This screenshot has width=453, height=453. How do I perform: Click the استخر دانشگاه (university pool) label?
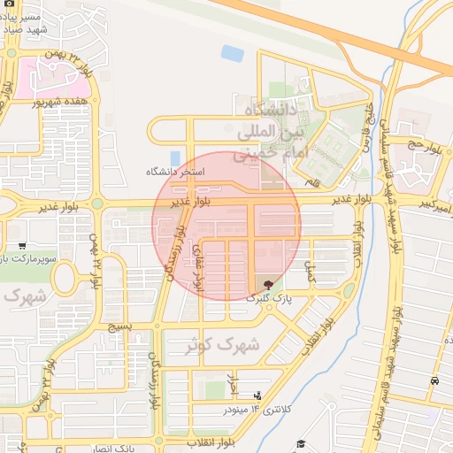click(180, 171)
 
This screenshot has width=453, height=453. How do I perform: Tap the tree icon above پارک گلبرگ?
click(269, 283)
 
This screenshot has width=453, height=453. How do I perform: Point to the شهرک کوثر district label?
click(222, 346)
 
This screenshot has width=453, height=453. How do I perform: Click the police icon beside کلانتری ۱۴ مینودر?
click(257, 395)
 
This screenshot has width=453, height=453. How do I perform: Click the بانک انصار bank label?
click(116, 449)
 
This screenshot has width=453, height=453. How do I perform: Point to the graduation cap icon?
click(300, 443)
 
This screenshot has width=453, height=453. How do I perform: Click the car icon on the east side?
click(434, 381)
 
